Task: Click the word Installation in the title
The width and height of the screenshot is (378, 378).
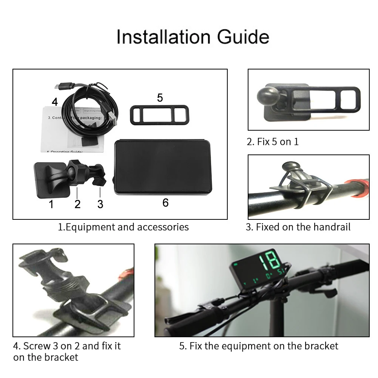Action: [164, 37]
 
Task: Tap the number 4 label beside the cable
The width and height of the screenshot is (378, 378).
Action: [55, 102]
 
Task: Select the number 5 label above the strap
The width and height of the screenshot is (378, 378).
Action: [160, 98]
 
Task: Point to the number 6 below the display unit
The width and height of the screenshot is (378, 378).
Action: [165, 203]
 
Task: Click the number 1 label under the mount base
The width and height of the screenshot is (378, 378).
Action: [51, 204]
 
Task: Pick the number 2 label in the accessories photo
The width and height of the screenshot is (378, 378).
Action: [77, 204]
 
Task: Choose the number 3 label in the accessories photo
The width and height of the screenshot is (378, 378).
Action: [100, 204]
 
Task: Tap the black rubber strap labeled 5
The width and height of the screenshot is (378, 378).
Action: [159, 115]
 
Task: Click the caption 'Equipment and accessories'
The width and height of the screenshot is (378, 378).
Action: [123, 227]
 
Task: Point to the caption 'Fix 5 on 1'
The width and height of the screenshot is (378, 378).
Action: [272, 142]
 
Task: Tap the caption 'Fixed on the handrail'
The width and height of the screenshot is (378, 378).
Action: [298, 227]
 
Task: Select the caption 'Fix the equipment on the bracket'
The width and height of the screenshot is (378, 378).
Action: [259, 346]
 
